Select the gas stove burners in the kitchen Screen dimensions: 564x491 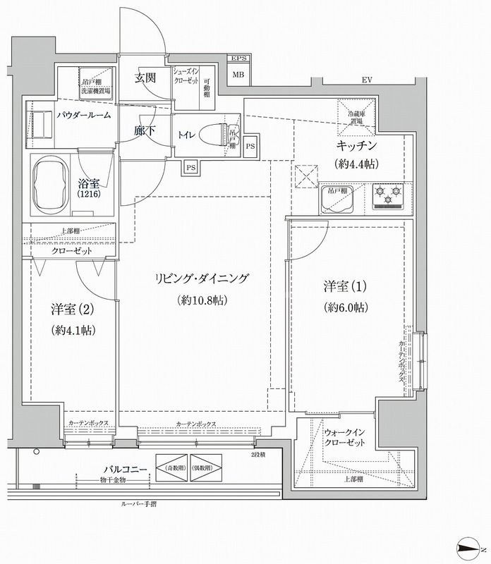[387, 195]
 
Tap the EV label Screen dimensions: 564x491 [367, 80]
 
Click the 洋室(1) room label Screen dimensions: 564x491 [337, 288]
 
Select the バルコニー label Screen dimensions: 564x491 [125, 468]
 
